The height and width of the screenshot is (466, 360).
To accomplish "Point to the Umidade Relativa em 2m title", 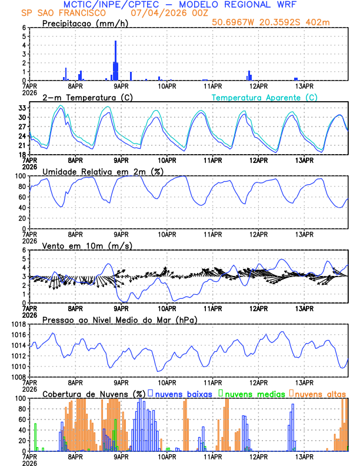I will coord(102,171).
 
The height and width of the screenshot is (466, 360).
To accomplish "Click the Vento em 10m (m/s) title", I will coord(87,245).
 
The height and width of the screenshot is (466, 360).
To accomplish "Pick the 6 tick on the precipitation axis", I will coord(24,28).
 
